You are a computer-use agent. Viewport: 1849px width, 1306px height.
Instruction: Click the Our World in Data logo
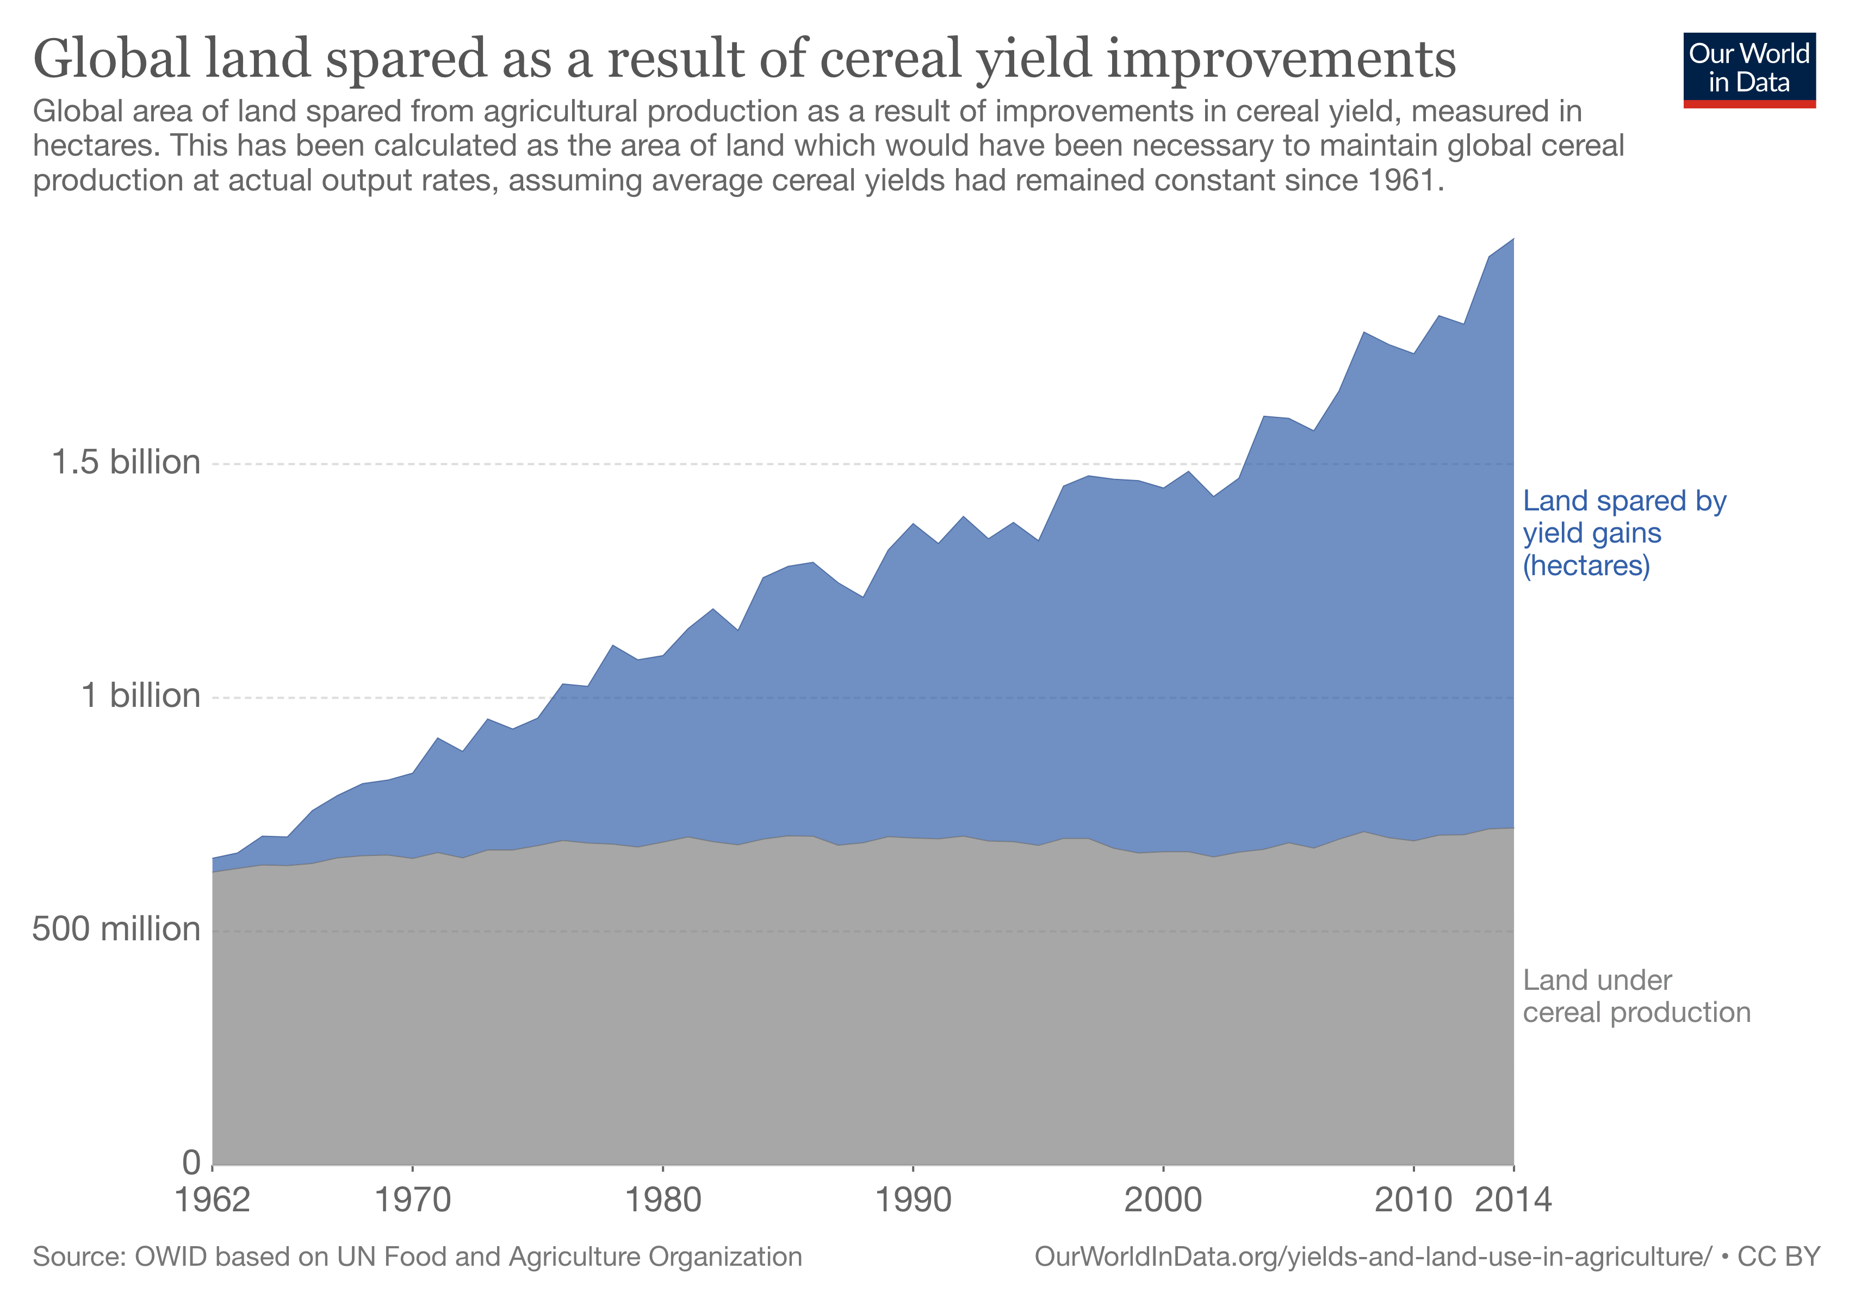[x=1749, y=69]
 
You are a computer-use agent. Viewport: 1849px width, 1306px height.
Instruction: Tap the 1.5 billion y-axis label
[x=126, y=463]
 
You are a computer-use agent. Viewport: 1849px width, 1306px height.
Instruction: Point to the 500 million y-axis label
[x=116, y=929]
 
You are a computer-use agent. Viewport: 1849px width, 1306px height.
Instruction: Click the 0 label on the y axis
[x=191, y=1162]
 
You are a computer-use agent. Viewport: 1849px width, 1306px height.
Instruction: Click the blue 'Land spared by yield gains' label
[x=1623, y=533]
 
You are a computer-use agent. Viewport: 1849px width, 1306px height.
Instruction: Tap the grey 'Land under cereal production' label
[x=1636, y=996]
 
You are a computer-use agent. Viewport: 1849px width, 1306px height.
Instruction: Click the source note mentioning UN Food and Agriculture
[x=417, y=1258]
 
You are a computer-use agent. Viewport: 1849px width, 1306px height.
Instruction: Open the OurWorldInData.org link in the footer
[x=1372, y=1258]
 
